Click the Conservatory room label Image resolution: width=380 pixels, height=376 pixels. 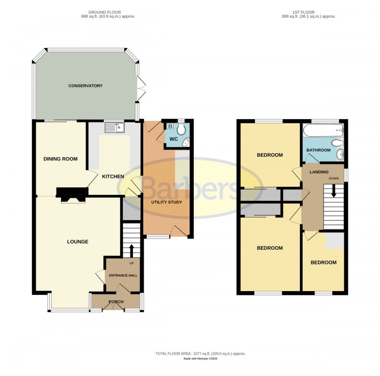pos(85,86)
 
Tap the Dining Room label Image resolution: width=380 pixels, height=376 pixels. pos(60,159)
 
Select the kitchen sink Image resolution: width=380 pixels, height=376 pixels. pos(114,128)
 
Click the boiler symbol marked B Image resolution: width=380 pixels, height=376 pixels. pos(170,126)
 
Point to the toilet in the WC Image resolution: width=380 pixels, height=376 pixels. pos(181,128)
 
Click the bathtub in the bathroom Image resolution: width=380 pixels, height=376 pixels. pos(323,131)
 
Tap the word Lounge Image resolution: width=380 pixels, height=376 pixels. pos(78,242)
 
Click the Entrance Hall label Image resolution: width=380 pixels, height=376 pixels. pos(123,275)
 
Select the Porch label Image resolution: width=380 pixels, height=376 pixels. pos(116,302)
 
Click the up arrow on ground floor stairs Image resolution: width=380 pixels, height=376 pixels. pos(132,251)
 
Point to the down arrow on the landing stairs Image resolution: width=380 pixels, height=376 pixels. pos(334,191)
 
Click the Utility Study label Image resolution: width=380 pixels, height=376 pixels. pos(167,202)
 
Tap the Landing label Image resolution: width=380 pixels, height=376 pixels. pos(319,172)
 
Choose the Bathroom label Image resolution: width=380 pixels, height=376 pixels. pos(318,150)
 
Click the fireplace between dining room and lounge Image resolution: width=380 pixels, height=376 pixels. pos(72,195)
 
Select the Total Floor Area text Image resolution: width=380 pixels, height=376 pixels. pos(201,354)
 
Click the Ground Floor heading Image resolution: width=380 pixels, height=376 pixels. pos(104,12)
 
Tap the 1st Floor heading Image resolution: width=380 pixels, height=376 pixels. pos(304,12)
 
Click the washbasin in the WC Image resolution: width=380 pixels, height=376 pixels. pos(186,142)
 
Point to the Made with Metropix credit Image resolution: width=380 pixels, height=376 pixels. pos(201,359)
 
